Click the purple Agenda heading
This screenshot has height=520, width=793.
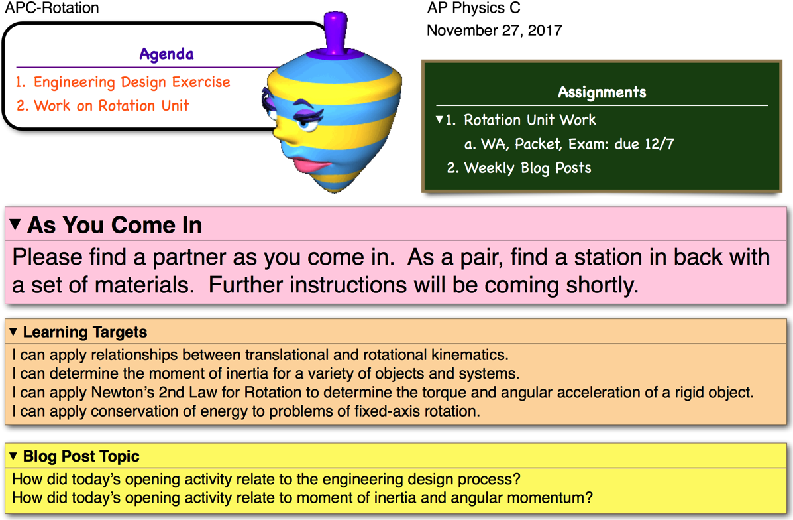point(166,54)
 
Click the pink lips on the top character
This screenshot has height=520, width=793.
point(313,165)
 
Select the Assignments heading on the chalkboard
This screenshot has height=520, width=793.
point(602,92)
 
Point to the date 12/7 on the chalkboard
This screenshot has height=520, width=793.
point(659,144)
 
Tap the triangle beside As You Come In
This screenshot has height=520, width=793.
point(15,224)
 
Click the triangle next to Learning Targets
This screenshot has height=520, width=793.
point(14,332)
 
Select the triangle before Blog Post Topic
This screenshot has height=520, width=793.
point(14,456)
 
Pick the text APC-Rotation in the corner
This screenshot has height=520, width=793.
point(52,8)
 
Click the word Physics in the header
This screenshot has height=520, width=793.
point(478,8)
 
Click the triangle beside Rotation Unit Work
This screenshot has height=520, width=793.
point(439,119)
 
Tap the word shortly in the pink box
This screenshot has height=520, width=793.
point(602,285)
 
